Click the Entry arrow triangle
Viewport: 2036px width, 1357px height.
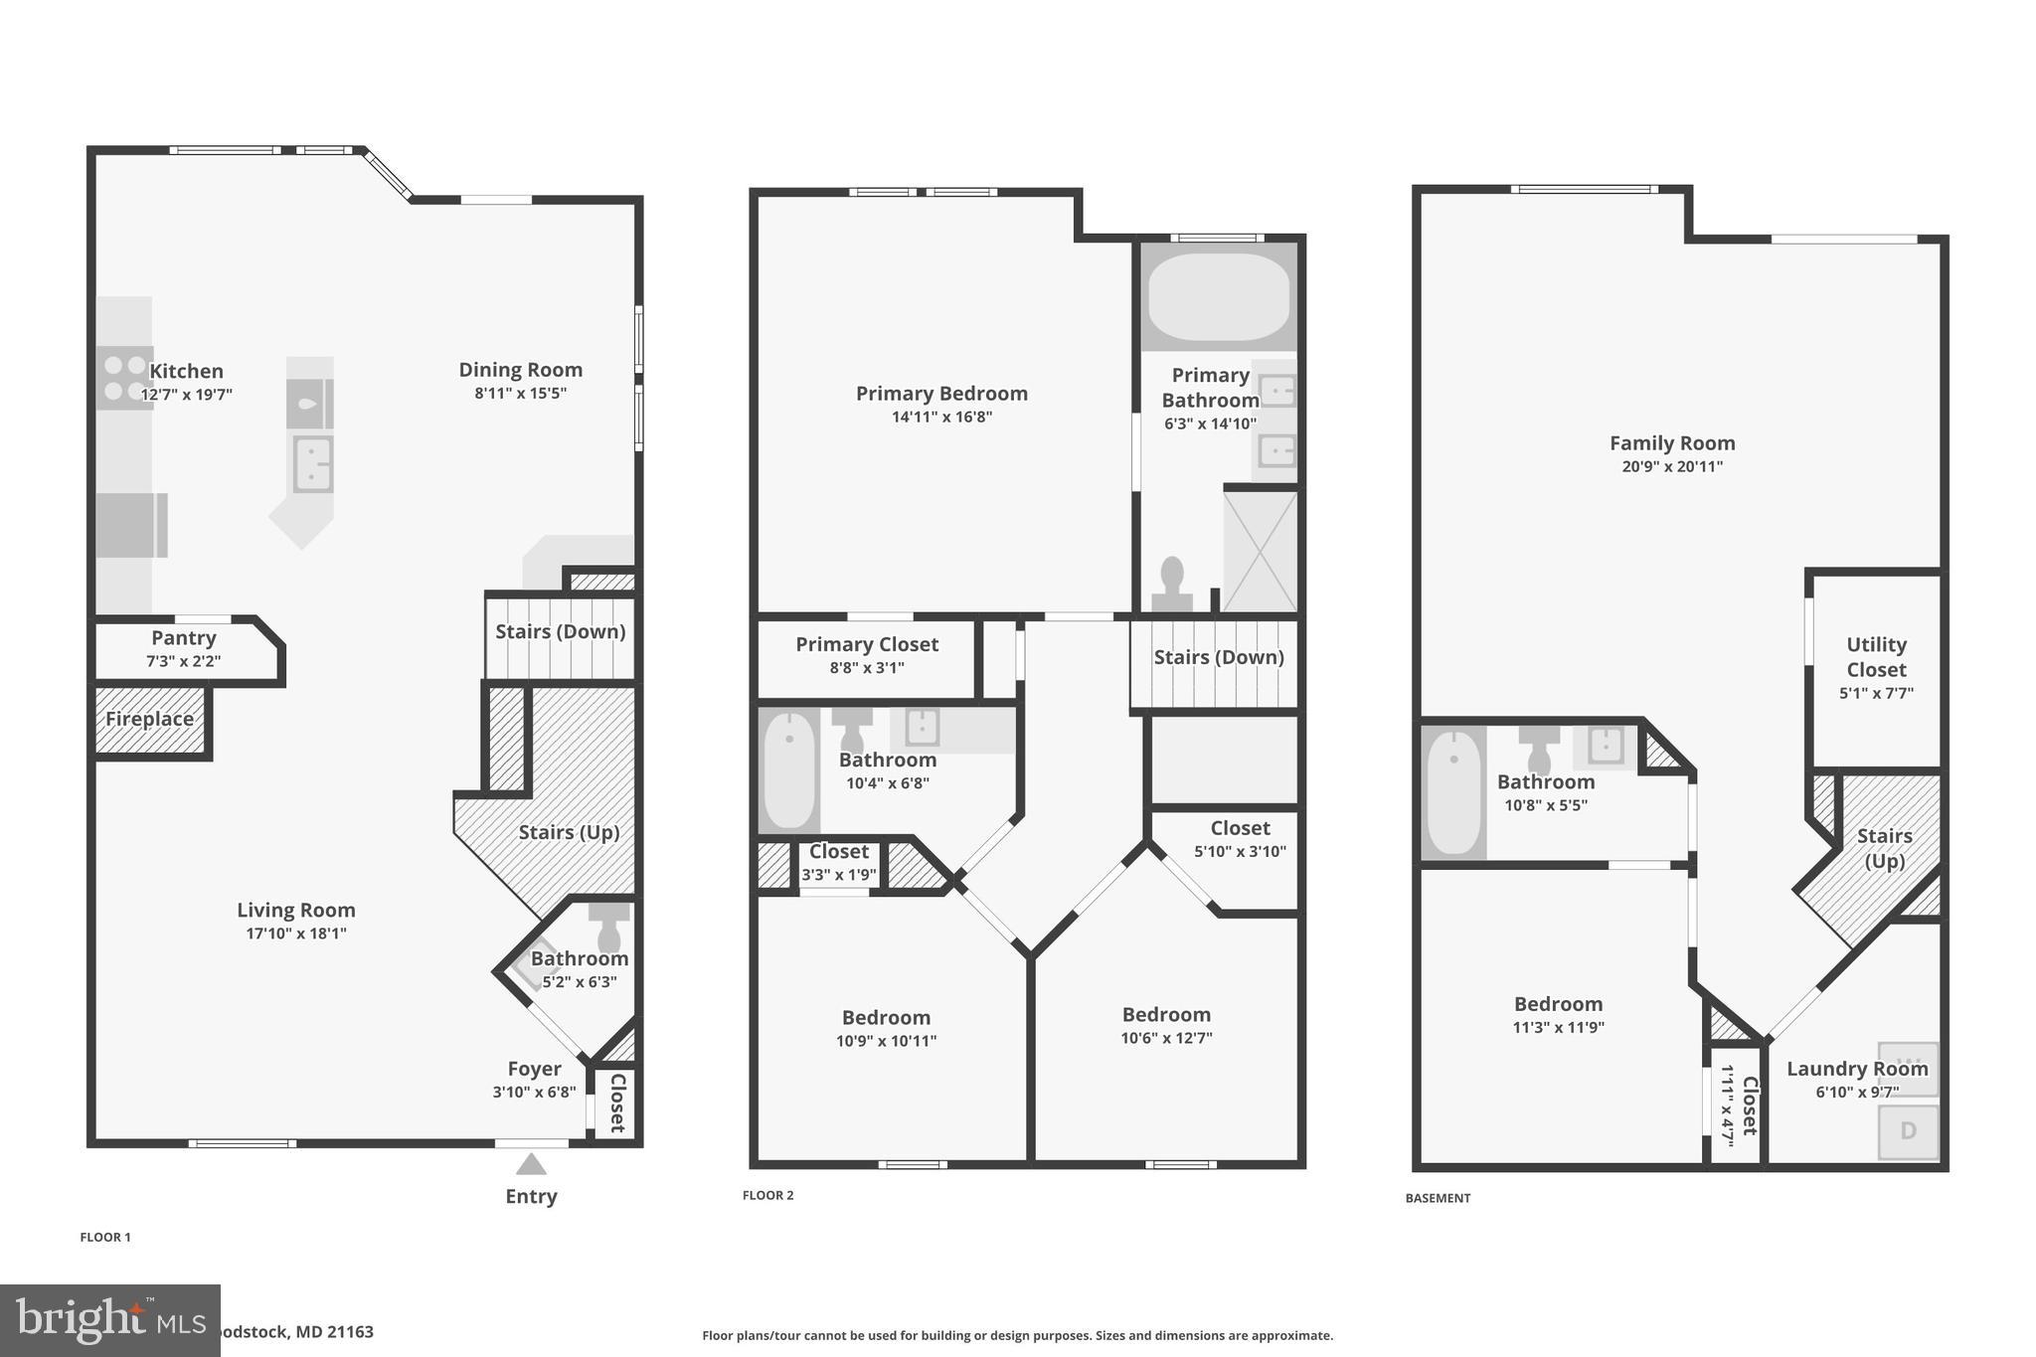tap(531, 1164)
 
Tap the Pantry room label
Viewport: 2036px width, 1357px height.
tap(184, 638)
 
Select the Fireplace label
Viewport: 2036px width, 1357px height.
tap(149, 719)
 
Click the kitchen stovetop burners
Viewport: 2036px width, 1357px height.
tap(125, 378)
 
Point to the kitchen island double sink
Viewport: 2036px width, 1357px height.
tap(312, 464)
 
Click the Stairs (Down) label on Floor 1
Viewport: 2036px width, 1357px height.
tap(560, 631)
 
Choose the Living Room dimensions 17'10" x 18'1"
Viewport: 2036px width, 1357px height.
tap(296, 933)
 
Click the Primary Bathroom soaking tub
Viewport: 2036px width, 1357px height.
tap(1219, 295)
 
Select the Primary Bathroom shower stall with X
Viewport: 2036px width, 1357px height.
tap(1260, 551)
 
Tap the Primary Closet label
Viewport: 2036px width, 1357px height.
tap(867, 644)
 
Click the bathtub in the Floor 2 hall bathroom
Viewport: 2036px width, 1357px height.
tap(789, 770)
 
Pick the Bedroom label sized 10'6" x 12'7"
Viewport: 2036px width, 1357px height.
tap(1166, 1015)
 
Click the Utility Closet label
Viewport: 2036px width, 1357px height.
tap(1876, 657)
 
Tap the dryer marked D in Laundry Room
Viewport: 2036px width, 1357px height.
tap(1908, 1131)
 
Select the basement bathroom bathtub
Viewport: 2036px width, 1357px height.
tap(1453, 792)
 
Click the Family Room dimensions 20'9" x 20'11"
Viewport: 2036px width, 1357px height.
tap(1672, 467)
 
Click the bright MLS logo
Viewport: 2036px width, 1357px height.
tap(110, 1320)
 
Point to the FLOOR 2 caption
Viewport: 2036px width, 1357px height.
tap(767, 1195)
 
